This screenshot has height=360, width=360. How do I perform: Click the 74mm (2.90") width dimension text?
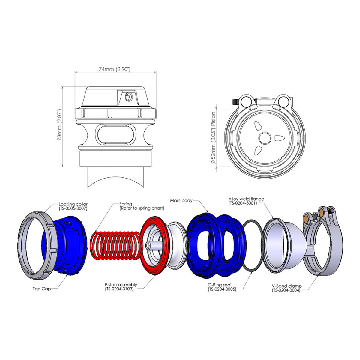pyautogui.click(x=115, y=69)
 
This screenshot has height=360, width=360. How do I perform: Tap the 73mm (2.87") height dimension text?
pyautogui.click(x=60, y=125)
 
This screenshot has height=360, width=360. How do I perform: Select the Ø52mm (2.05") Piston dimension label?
pyautogui.click(x=213, y=138)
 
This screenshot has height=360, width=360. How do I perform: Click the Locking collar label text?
pyautogui.click(x=73, y=204)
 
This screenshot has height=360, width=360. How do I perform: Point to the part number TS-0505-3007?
pyautogui.click(x=73, y=208)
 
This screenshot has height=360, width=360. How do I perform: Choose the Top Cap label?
pyautogui.click(x=42, y=289)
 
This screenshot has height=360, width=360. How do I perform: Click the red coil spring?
pyautogui.click(x=115, y=245)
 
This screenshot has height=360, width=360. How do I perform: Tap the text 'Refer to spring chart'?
pyautogui.click(x=142, y=208)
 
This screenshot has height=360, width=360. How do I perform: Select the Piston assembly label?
pyautogui.click(x=121, y=285)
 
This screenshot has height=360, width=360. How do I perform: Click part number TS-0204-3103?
pyautogui.click(x=119, y=289)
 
